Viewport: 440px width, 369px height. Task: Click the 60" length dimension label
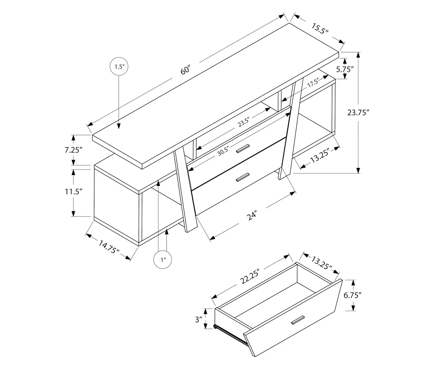[185, 70]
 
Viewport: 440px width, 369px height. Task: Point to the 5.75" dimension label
[345, 69]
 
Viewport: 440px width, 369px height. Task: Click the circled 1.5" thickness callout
[119, 67]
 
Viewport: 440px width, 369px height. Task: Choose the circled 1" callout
[163, 260]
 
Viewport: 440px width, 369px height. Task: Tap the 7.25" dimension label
[73, 150]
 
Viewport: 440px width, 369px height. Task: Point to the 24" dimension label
[252, 216]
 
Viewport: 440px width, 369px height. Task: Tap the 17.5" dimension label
[313, 83]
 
